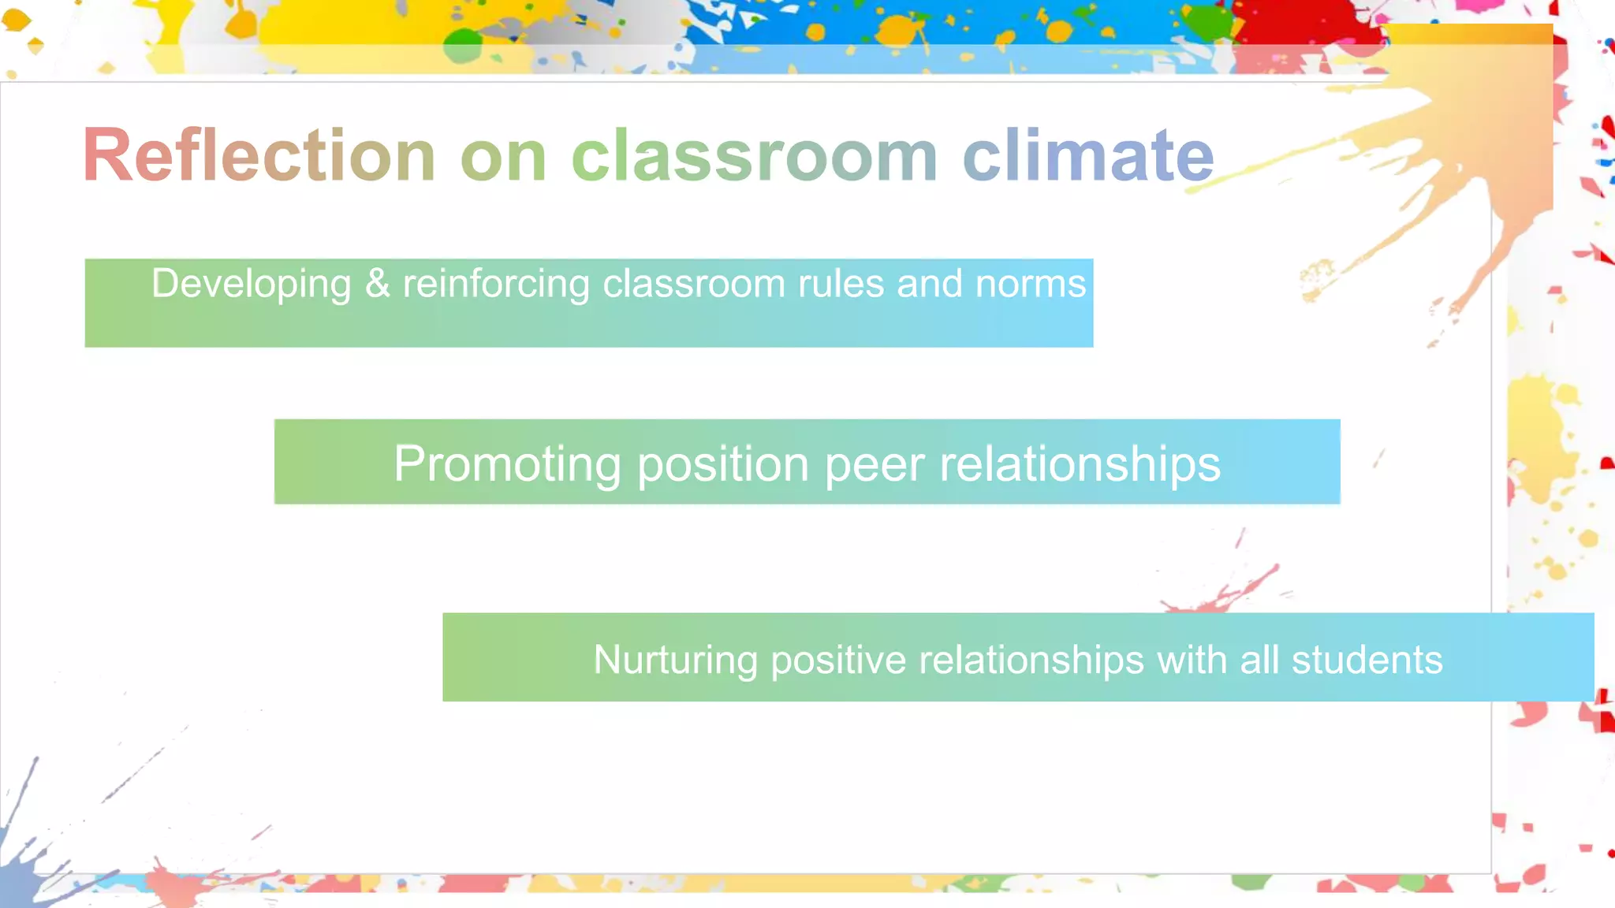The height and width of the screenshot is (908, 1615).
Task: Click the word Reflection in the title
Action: pos(259,155)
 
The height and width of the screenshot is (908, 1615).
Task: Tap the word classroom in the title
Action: pos(754,155)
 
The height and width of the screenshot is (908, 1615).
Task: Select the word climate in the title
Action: pos(1087,155)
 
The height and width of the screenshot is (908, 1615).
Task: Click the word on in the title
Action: pos(503,157)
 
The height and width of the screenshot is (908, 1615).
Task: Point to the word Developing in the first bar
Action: pos(251,284)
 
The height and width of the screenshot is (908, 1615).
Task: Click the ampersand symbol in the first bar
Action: pos(378,283)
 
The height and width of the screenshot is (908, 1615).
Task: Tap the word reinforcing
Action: pos(495,284)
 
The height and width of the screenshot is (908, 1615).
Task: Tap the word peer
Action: pos(874,465)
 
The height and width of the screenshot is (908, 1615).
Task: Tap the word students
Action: pos(1367,660)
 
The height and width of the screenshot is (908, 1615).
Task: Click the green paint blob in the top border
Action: pos(463,44)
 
